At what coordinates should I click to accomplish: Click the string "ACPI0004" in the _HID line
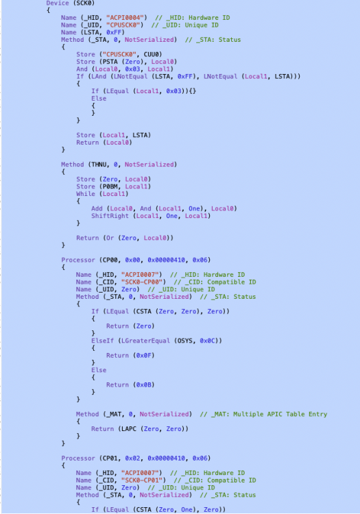127,18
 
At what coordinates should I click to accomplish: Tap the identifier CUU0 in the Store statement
153,54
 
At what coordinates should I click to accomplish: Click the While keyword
86,194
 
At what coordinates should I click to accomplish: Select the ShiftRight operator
110,216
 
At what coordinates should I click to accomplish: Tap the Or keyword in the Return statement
110,238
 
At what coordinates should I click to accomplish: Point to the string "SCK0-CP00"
143,282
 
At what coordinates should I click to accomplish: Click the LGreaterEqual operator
145,341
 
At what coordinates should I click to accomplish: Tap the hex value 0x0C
207,341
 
